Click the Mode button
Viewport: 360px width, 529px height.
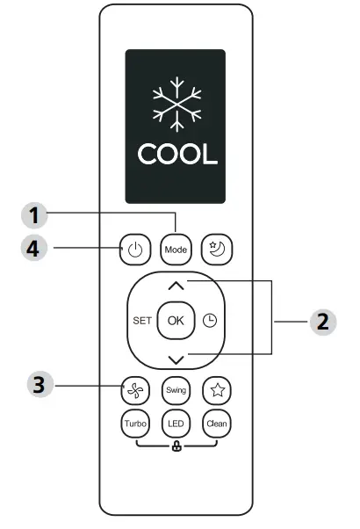pyautogui.click(x=176, y=250)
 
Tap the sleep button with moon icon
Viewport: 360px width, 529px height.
pyautogui.click(x=216, y=250)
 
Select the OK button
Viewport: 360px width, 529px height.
pyautogui.click(x=176, y=321)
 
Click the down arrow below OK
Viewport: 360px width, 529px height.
pyautogui.click(x=176, y=358)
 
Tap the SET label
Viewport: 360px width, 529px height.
pyautogui.click(x=142, y=321)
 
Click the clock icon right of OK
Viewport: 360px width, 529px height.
pyautogui.click(x=210, y=321)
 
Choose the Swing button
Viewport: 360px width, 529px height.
pyautogui.click(x=176, y=390)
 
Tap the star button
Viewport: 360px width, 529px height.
pyautogui.click(x=216, y=390)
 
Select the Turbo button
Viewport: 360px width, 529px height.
pyautogui.click(x=134, y=424)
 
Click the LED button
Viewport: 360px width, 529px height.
pyautogui.click(x=176, y=424)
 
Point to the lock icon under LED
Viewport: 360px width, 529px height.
pyautogui.click(x=176, y=446)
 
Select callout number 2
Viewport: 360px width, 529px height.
pyautogui.click(x=321, y=321)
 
